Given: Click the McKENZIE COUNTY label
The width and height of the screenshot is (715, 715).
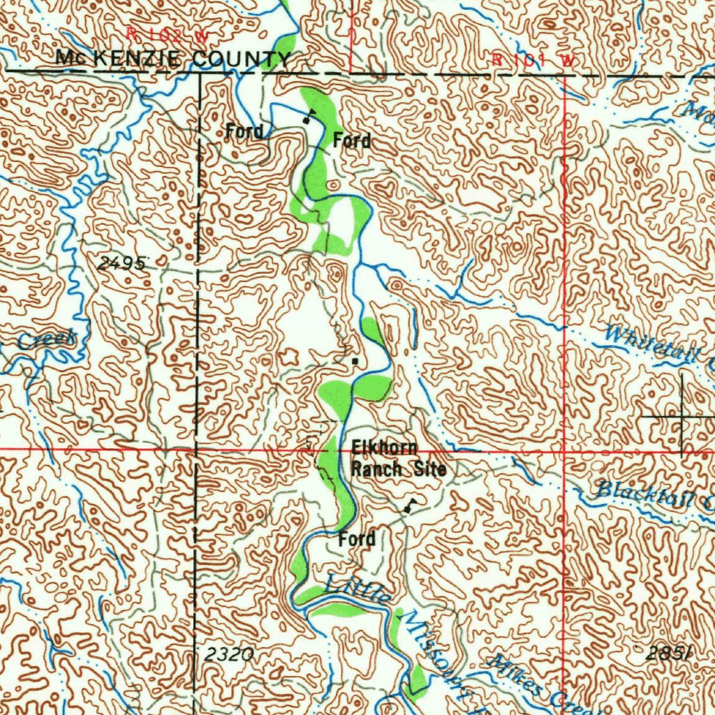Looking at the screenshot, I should pos(173,59).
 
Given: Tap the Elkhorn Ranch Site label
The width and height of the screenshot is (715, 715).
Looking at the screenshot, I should pos(398,458).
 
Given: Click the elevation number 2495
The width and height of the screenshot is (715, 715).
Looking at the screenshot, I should pos(123,263).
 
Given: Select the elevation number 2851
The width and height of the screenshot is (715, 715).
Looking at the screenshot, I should pos(668,654).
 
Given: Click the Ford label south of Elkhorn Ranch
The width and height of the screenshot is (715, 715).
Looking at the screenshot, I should pos(357,539).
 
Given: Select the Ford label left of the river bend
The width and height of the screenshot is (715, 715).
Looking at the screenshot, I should pos(244,131).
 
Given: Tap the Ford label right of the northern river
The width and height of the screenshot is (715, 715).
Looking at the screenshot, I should pos(351,140).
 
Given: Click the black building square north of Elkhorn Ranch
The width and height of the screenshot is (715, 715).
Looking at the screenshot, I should pos(355,361).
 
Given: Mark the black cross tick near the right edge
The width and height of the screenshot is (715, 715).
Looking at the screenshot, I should pos(682,417).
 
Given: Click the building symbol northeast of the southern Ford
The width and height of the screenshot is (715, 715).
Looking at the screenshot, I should pos(408,508).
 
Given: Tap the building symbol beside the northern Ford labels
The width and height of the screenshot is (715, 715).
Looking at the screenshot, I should pos(307,117).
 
